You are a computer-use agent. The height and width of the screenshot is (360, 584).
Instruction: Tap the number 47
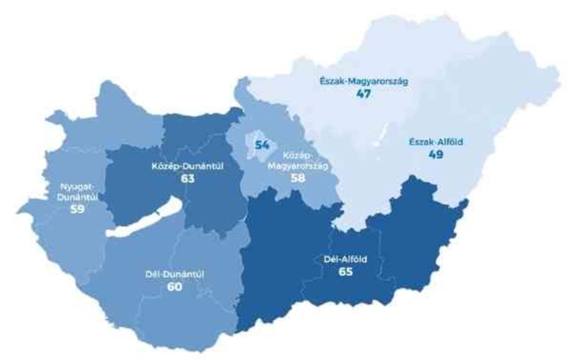tap(363, 96)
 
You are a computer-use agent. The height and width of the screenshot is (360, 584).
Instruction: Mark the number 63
tap(187, 179)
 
